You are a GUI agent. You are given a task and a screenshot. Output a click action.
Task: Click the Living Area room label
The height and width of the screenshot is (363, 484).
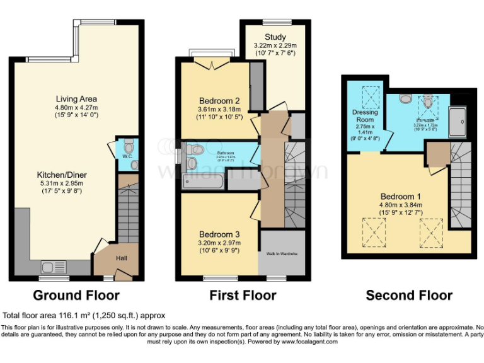pos(76,99)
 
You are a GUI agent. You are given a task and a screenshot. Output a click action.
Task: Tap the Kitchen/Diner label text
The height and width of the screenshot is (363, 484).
pos(76,169)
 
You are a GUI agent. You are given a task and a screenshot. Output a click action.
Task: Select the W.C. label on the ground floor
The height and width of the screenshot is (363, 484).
pos(126,156)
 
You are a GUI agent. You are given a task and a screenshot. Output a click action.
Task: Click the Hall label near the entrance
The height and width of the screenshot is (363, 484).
pos(121,257)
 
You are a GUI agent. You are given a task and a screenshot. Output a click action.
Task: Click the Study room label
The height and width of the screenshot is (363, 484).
pos(275,37)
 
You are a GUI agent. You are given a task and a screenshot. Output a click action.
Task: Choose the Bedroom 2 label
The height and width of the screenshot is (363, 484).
pos(219,101)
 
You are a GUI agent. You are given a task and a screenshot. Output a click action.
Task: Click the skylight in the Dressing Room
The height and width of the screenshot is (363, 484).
pos(366,94)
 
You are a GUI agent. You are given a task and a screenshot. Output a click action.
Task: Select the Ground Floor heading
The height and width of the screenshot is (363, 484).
pos(76,295)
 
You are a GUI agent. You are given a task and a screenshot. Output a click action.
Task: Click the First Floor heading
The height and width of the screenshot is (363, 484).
pos(242,295)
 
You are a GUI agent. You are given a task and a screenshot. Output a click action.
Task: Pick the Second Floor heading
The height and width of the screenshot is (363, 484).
pos(409,295)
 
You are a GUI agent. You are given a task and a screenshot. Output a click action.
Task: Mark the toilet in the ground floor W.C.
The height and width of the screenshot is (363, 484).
pos(129,143)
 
